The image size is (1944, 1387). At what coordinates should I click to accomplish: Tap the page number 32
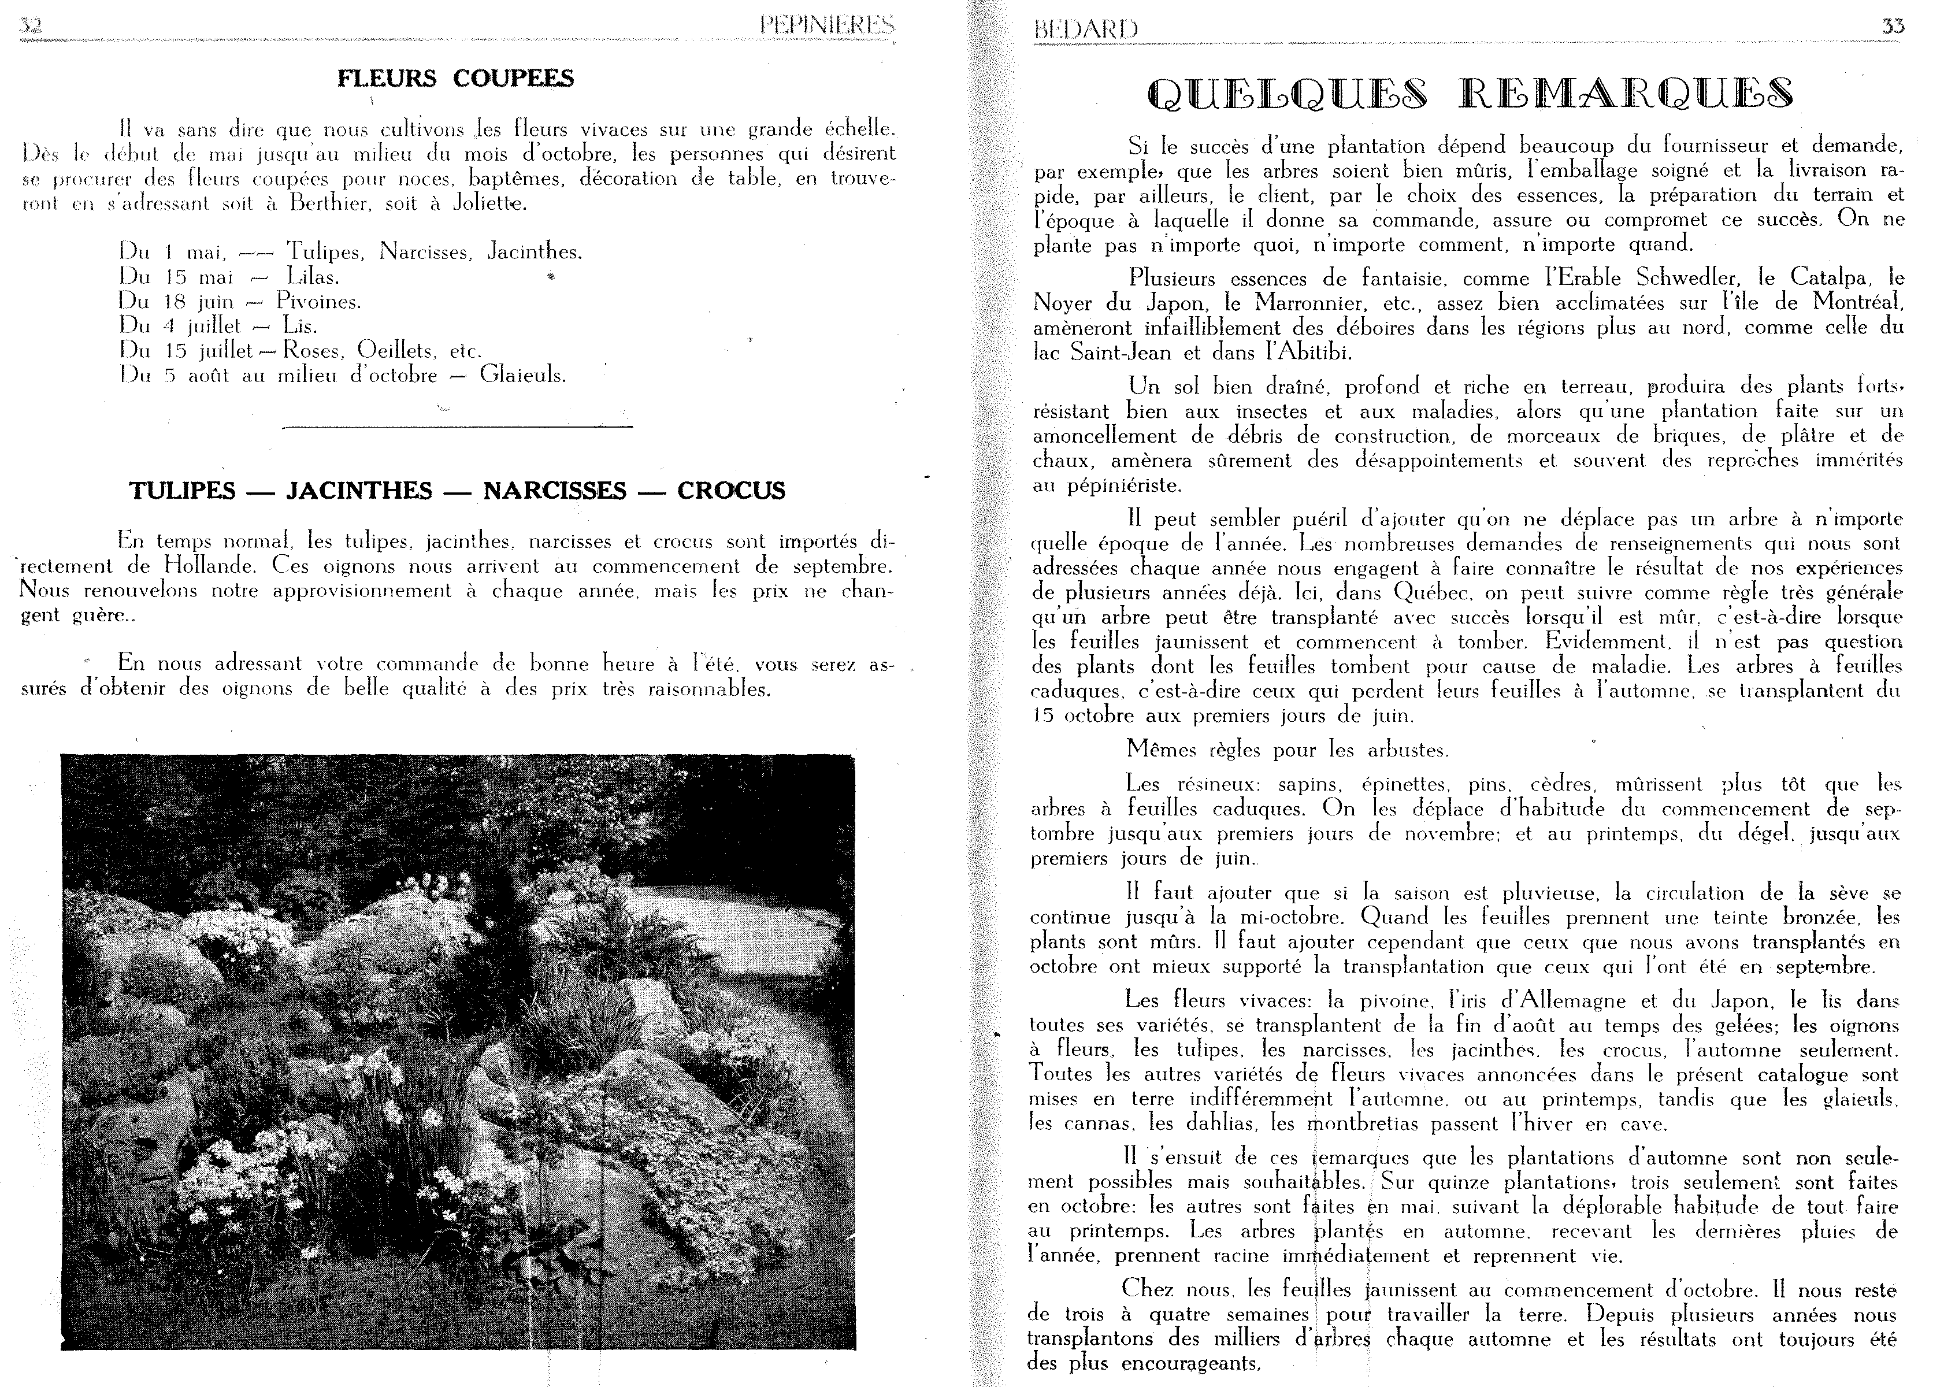32,27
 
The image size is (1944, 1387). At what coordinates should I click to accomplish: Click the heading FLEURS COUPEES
455,79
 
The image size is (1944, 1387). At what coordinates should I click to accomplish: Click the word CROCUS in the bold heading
731,491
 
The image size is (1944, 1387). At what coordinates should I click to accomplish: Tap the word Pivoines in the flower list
318,302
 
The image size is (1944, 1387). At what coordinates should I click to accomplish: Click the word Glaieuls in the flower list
522,375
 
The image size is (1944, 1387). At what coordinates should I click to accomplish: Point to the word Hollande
208,566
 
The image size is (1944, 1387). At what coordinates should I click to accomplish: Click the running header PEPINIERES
826,27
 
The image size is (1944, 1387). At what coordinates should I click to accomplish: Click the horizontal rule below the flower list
457,426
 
